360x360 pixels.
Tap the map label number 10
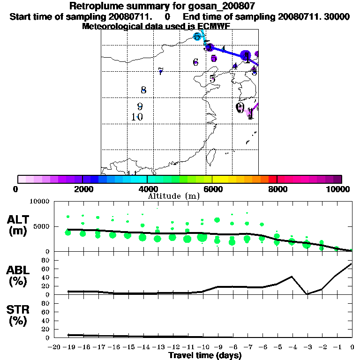pos(137,117)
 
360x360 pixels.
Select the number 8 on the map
pos(143,90)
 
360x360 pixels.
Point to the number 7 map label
pos(160,71)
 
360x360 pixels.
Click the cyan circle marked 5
pos(198,37)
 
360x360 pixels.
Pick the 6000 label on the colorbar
pos(212,189)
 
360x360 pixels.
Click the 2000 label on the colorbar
pos(82,189)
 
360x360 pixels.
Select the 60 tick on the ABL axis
pos(46,269)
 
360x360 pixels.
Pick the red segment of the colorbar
pos(272,179)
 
